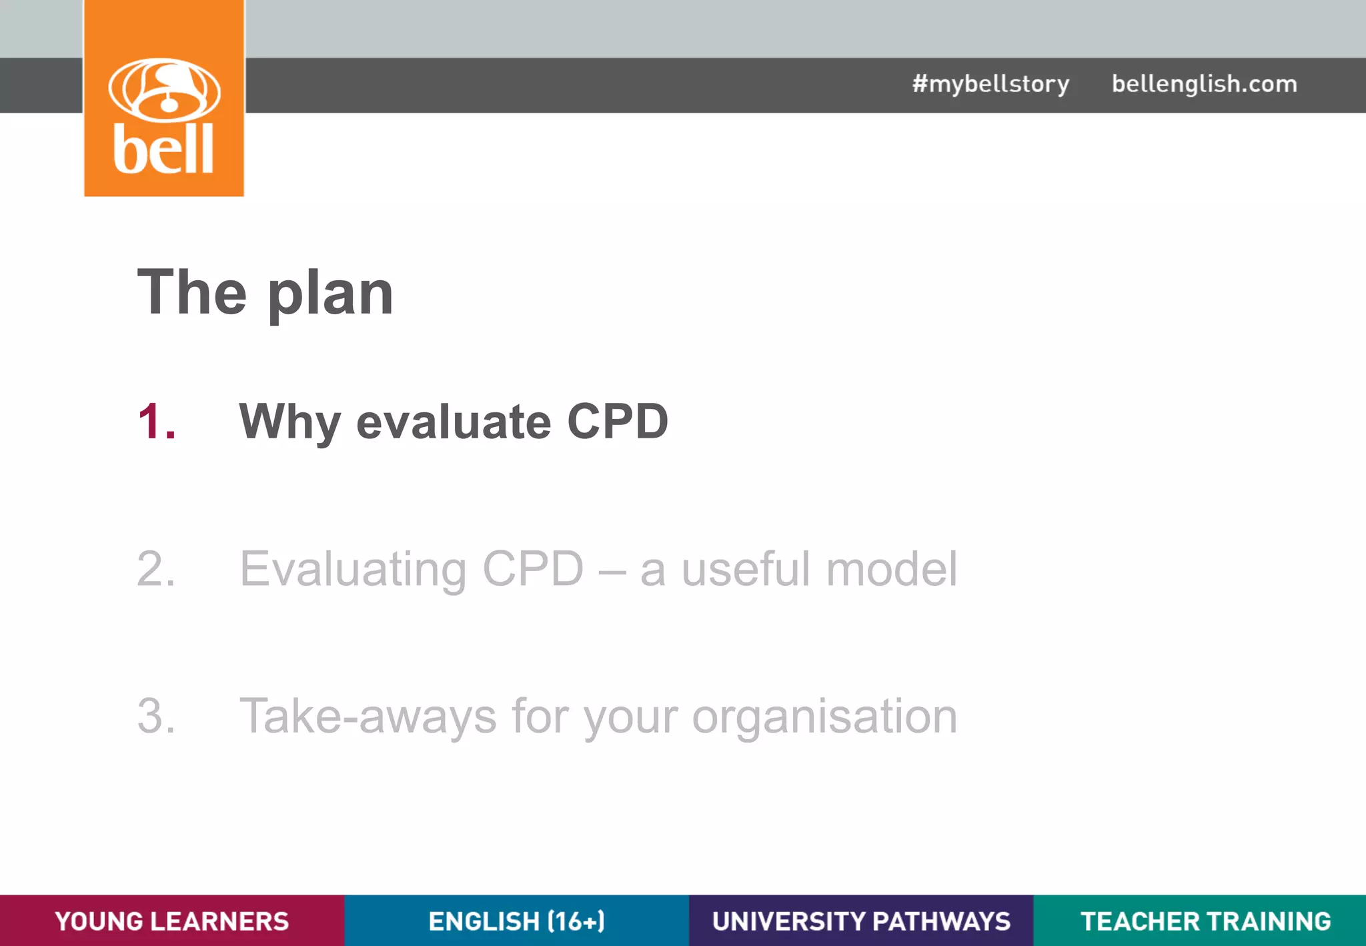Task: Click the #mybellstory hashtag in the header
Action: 990,84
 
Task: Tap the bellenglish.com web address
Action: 1204,84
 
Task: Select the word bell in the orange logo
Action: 163,149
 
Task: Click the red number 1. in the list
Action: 157,422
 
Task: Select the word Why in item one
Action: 289,423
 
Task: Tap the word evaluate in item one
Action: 454,423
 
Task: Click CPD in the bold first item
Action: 617,422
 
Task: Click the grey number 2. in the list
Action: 157,569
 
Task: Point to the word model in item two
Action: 891,569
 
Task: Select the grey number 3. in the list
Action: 157,717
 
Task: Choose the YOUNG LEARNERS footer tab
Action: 172,921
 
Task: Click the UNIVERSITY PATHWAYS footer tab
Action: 861,921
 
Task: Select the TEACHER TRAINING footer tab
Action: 1205,921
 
